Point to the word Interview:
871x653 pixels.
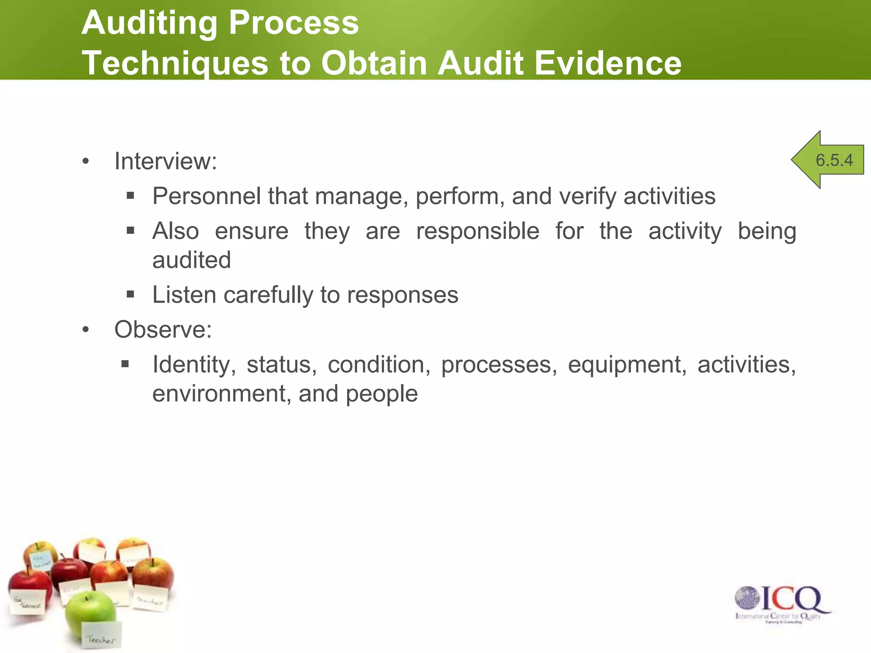pos(165,162)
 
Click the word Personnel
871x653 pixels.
pos(206,196)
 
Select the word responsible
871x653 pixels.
pos(478,232)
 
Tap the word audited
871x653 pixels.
pos(191,260)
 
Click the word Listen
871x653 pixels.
pos(185,295)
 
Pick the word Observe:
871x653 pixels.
pos(163,329)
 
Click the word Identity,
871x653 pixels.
pos(194,365)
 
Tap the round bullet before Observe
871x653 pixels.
pos(86,329)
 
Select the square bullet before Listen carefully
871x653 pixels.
pos(131,294)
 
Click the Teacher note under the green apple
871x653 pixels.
pos(101,636)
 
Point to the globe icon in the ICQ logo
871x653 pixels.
pos(747,598)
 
